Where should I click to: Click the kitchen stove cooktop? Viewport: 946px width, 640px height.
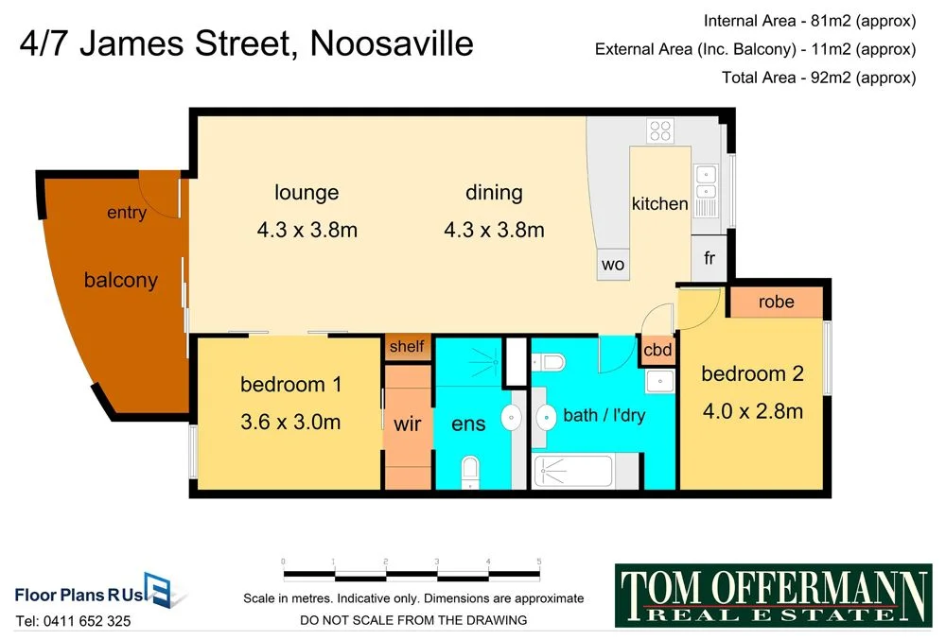(x=659, y=130)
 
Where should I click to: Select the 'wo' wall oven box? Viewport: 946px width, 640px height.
(x=613, y=265)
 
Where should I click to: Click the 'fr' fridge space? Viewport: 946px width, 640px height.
(x=709, y=258)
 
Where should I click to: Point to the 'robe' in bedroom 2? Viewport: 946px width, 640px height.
(x=776, y=303)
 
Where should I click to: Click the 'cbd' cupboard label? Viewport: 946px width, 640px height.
(x=657, y=350)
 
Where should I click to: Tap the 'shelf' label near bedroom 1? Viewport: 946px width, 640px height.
(x=407, y=346)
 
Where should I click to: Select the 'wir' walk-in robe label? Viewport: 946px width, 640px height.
(x=407, y=424)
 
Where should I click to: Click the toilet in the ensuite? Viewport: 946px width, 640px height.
(x=470, y=471)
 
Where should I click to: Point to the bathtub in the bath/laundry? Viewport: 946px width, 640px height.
(x=587, y=470)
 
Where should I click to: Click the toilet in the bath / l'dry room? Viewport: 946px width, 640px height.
(x=550, y=361)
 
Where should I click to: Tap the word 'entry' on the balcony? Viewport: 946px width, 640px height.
(x=127, y=213)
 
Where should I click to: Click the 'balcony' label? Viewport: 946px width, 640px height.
(x=120, y=281)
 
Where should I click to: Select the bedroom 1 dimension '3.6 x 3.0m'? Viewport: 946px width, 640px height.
(x=290, y=422)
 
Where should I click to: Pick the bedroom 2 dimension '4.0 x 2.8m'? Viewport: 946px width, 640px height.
(x=752, y=410)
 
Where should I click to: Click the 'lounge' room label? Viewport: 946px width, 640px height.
(x=307, y=193)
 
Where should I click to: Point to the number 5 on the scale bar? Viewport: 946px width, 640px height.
(x=538, y=562)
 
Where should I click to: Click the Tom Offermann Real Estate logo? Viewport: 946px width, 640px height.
(x=773, y=595)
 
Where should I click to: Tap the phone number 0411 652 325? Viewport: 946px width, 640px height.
(x=74, y=621)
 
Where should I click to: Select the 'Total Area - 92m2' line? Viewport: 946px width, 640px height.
(x=818, y=78)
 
